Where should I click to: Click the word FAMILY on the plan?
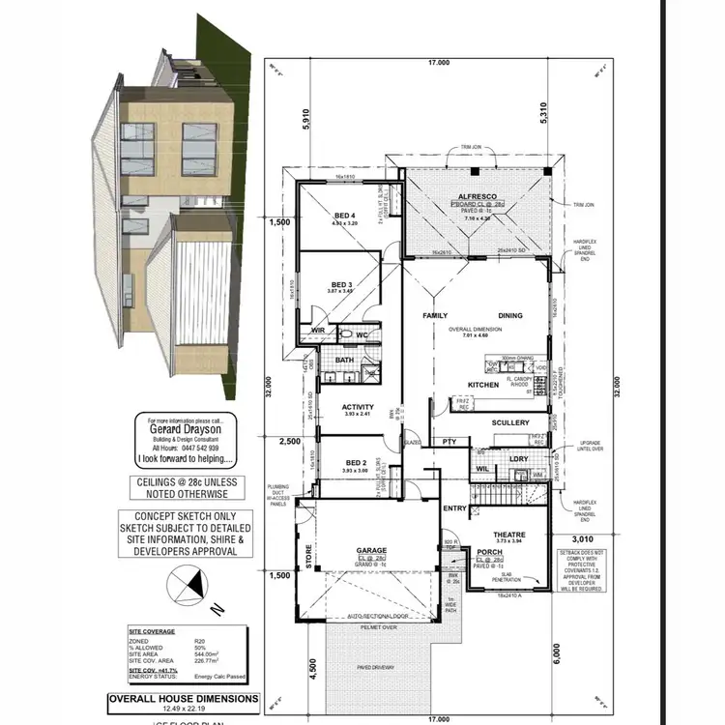point(436,316)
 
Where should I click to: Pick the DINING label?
point(509,316)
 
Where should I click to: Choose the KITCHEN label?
point(482,385)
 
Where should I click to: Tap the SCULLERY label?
point(510,422)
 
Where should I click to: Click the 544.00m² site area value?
point(208,653)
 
